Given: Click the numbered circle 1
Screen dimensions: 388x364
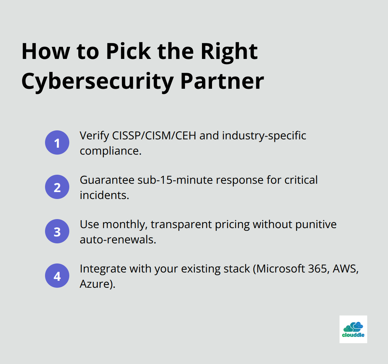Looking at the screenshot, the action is [57, 142].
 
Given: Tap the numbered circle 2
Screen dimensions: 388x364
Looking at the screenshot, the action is [57, 187].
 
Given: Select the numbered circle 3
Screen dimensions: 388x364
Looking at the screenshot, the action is [57, 231].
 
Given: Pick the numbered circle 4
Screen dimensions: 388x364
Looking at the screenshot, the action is [57, 276].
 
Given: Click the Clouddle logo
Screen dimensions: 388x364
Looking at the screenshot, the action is [353, 329].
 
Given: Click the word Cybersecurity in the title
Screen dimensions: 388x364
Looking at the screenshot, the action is [97, 82].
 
